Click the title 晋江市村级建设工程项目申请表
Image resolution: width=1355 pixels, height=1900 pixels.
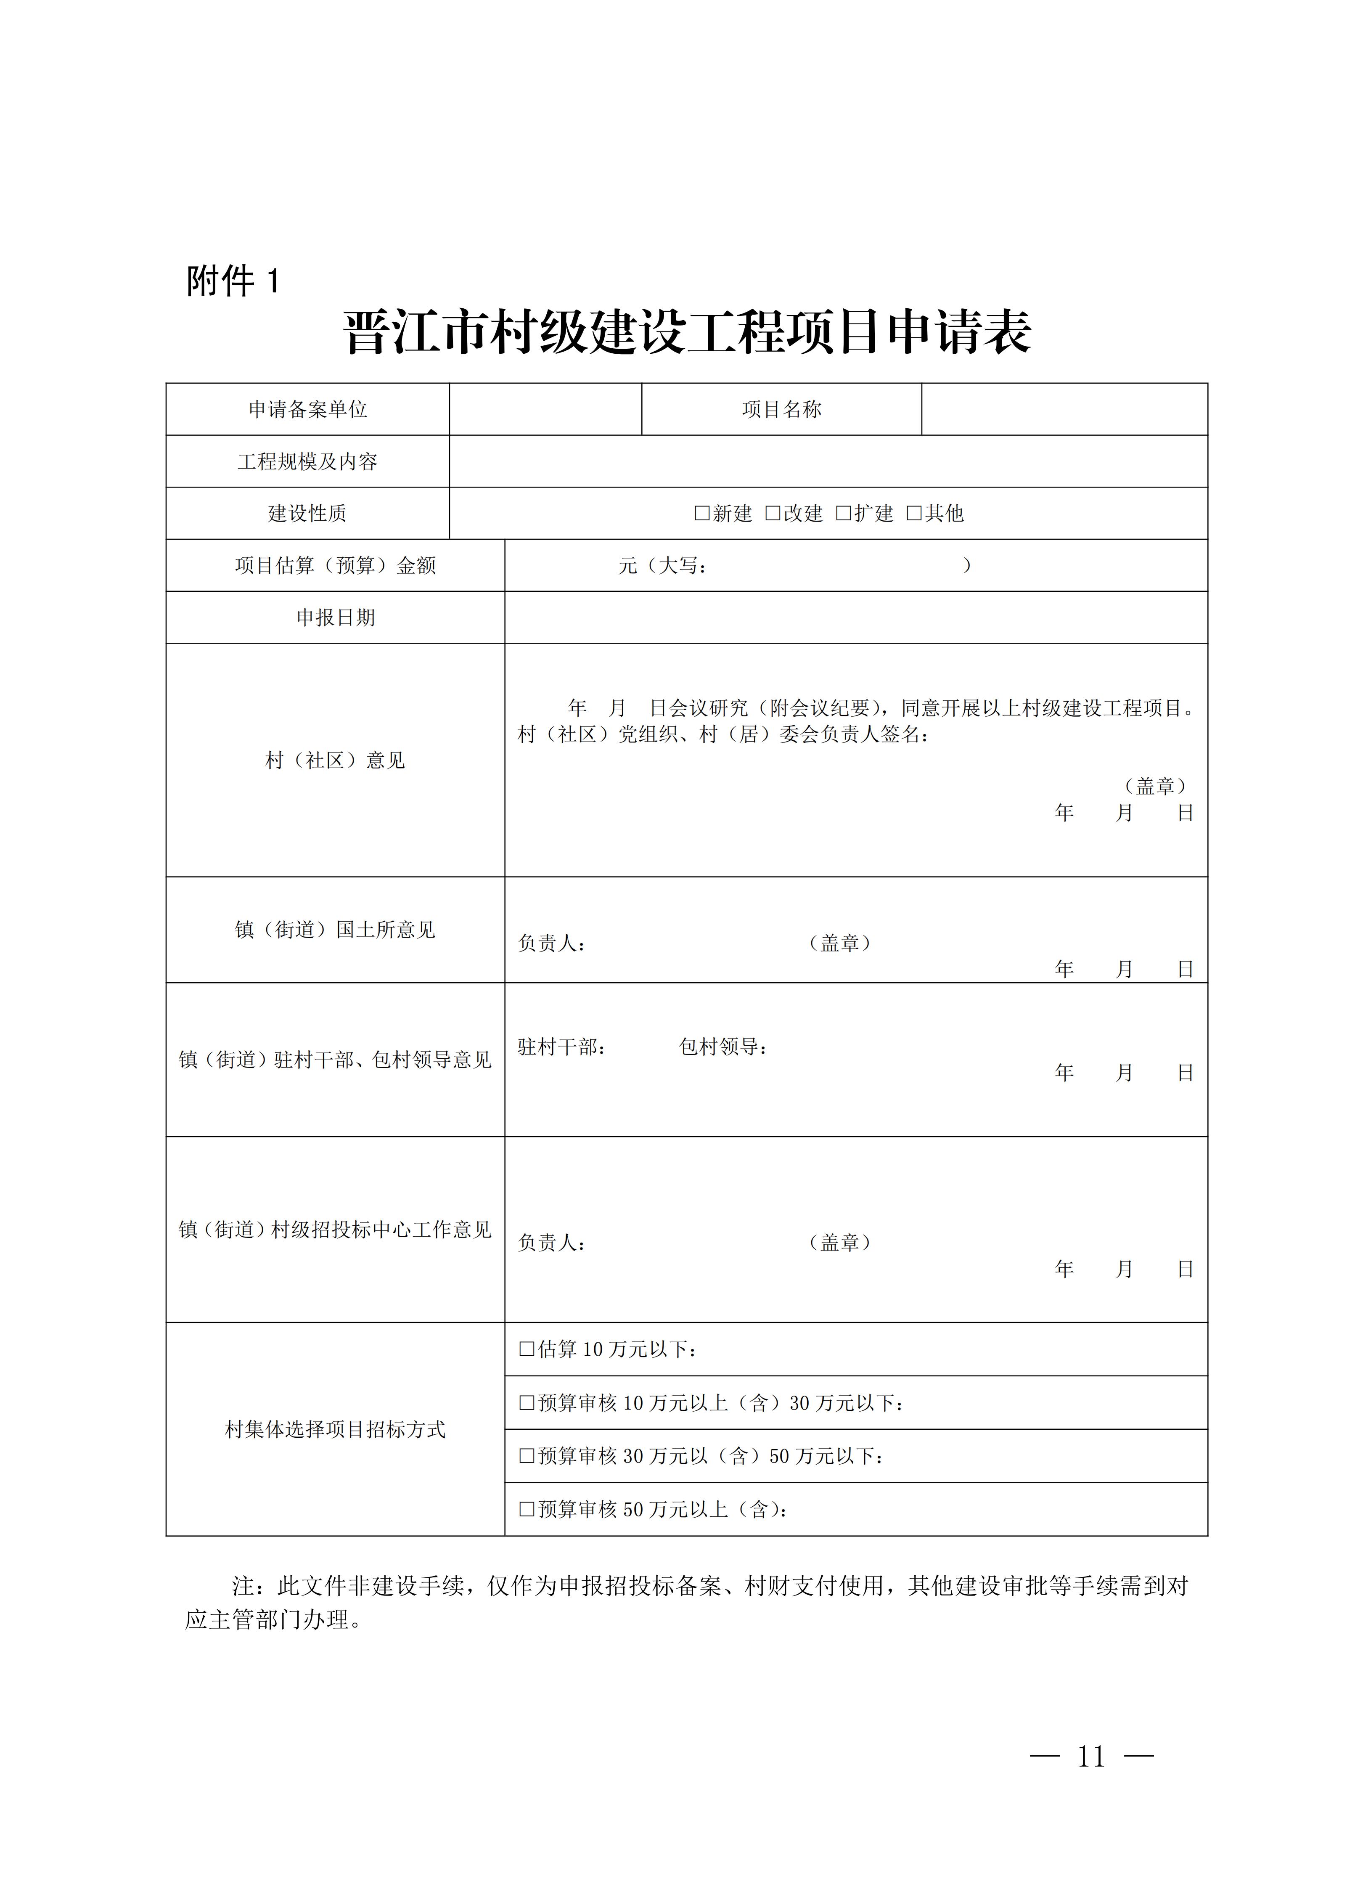[x=687, y=332]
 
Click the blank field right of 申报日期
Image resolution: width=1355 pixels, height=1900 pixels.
[x=855, y=617]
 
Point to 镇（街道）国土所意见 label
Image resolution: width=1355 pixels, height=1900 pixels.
[x=335, y=930]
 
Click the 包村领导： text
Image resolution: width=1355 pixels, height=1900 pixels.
[x=722, y=1047]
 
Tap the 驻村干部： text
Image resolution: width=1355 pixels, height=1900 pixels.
[x=561, y=1047]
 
